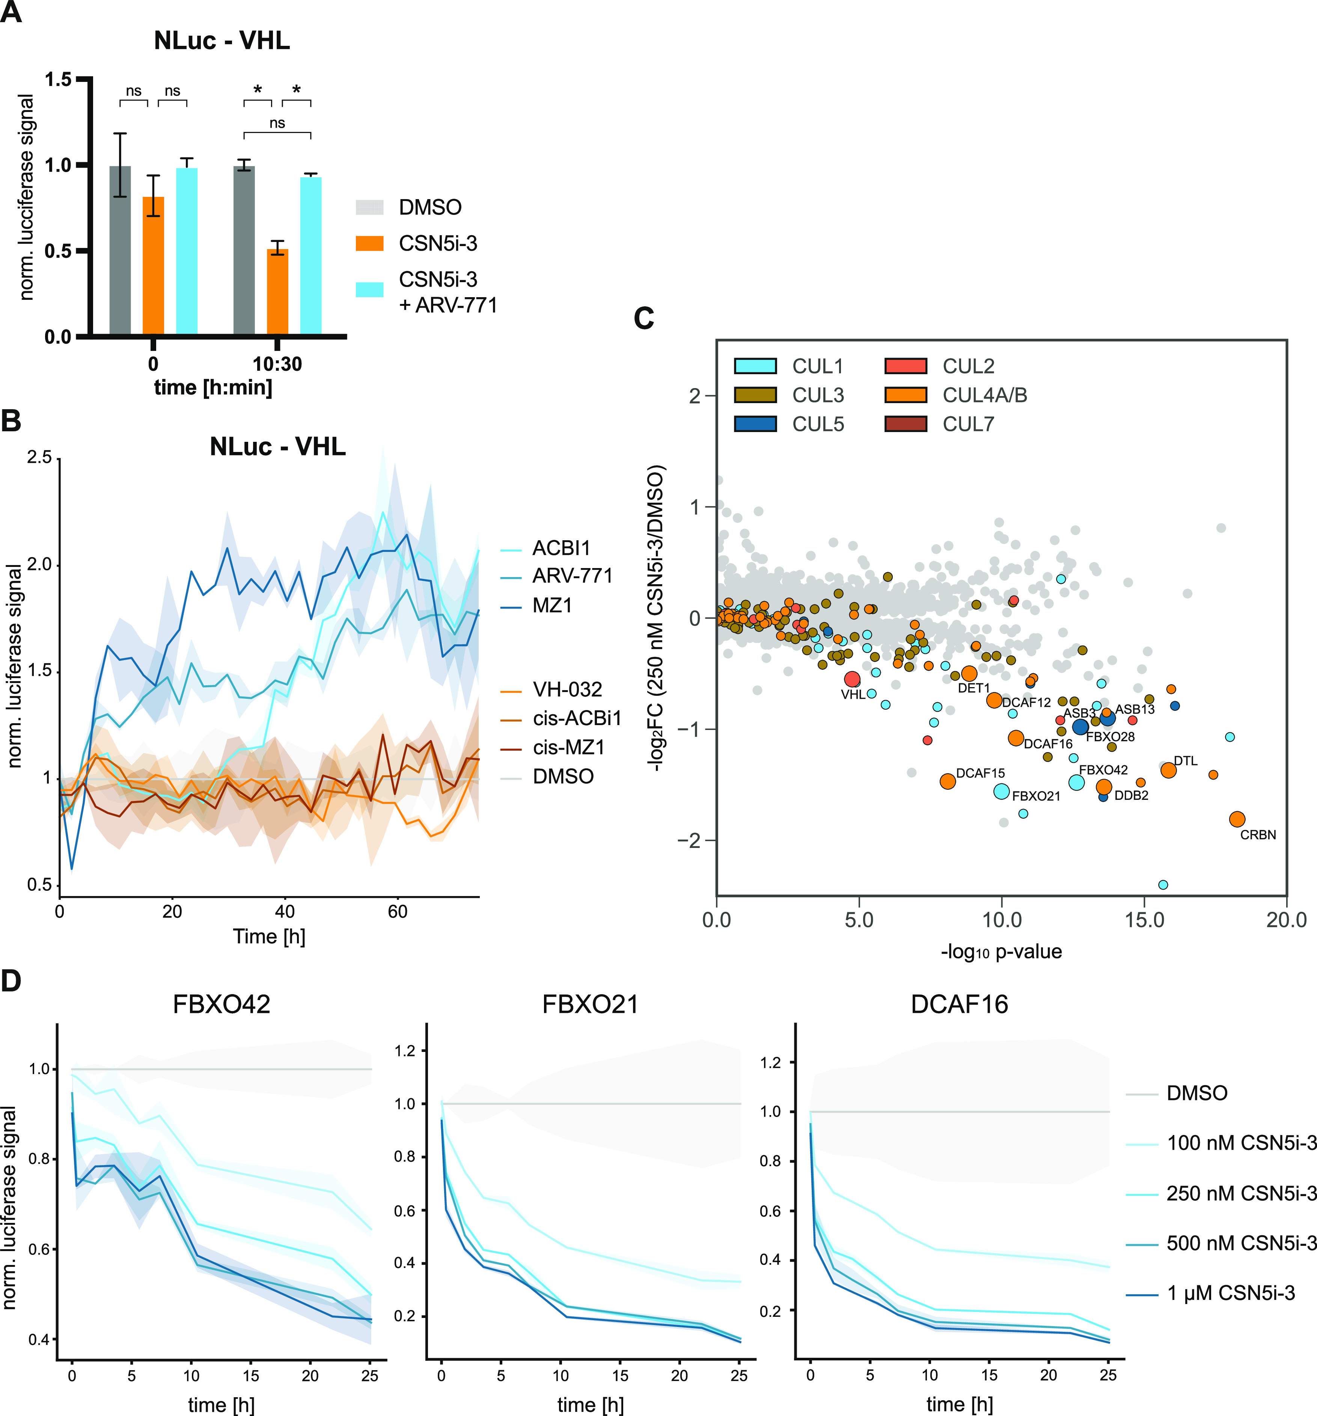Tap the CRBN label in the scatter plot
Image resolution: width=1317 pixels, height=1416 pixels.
[1258, 835]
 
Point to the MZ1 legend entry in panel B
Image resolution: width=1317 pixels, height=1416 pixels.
[552, 605]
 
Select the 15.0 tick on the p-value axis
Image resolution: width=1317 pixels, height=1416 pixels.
[1144, 920]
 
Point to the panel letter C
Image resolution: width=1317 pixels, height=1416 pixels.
[643, 318]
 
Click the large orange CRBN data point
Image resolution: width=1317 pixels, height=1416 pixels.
[1237, 819]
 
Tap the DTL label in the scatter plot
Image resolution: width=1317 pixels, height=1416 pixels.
[1185, 761]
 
